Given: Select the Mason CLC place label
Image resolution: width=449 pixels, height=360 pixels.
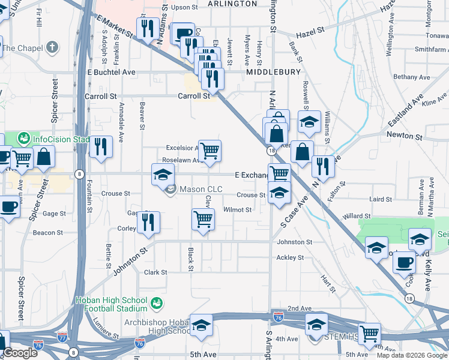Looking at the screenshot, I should click(x=201, y=190).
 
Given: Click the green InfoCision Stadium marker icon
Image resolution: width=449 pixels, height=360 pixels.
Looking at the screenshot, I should click(x=24, y=139).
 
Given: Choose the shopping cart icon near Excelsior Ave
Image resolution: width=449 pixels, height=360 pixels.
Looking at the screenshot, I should click(x=209, y=151).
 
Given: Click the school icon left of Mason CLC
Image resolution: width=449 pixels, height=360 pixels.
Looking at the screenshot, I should click(x=163, y=175).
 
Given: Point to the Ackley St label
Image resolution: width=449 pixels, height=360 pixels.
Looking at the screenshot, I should click(x=290, y=257).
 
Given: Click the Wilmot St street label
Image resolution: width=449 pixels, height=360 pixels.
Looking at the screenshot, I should click(x=237, y=210).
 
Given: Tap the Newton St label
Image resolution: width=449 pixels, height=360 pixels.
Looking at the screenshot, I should click(x=402, y=135).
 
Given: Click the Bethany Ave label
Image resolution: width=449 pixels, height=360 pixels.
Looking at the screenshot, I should click(x=412, y=77).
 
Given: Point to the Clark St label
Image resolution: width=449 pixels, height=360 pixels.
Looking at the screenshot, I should click(x=155, y=272).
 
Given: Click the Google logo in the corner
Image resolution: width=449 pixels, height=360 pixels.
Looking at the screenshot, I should click(x=20, y=353).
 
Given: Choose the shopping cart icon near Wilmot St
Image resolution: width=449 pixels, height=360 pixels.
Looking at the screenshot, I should click(x=203, y=219).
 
